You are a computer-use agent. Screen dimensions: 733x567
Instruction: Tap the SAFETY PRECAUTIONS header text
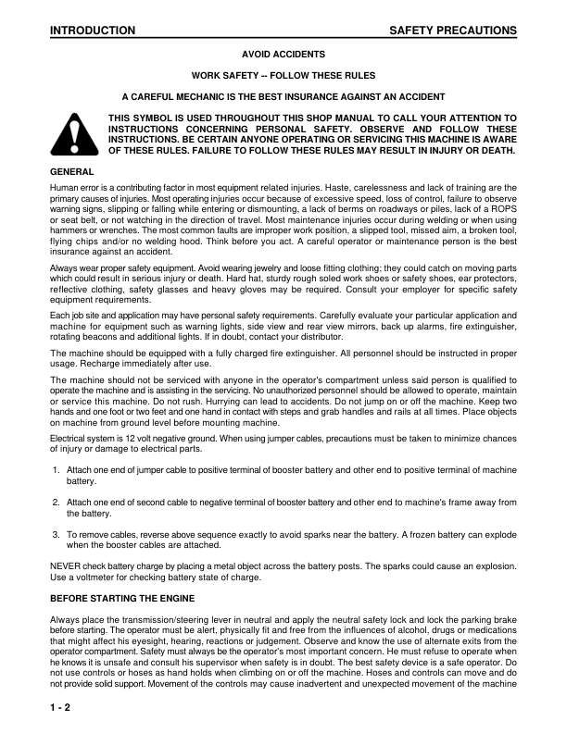pyautogui.click(x=453, y=31)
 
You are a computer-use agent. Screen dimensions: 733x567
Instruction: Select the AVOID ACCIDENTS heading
pyautogui.click(x=283, y=55)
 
